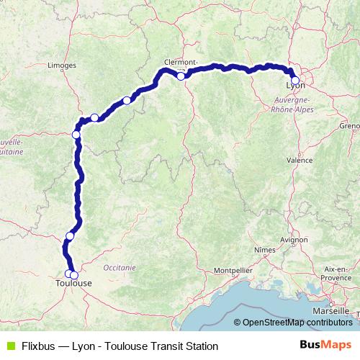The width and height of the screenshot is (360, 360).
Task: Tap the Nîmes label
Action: [266, 248]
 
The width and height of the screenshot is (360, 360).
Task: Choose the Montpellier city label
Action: [232, 271]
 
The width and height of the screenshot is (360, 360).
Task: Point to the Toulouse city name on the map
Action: [73, 284]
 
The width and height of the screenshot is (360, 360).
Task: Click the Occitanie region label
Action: [119, 266]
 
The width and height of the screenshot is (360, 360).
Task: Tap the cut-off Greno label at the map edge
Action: [350, 125]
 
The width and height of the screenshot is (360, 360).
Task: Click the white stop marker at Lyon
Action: [294, 81]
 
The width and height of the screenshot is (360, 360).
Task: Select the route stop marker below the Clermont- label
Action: [181, 76]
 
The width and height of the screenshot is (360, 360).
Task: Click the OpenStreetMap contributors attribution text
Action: [297, 323]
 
